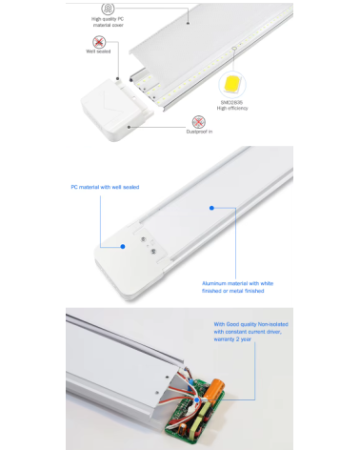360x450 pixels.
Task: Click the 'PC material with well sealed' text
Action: point(104,187)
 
